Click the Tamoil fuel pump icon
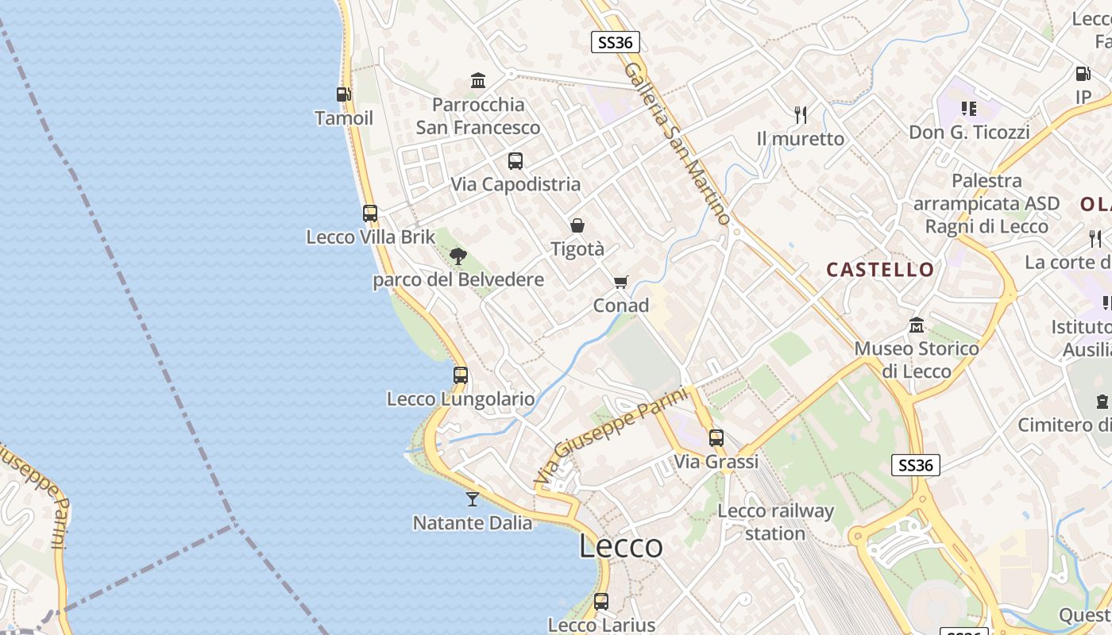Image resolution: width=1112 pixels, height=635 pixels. tap(344, 94)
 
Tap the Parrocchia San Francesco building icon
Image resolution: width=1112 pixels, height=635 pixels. tap(478, 80)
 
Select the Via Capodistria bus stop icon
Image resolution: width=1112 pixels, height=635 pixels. tap(515, 161)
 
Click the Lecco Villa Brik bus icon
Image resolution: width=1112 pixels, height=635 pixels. tap(370, 214)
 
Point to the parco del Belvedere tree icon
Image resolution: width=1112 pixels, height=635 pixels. tap(458, 256)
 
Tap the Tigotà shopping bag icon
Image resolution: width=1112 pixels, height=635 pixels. tap(577, 226)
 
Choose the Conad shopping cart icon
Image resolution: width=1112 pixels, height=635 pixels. tap(621, 283)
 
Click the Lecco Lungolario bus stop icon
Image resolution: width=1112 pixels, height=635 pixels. tap(461, 375)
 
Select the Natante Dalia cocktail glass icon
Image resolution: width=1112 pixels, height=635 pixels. tap(473, 499)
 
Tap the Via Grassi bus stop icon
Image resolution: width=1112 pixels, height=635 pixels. tap(716, 437)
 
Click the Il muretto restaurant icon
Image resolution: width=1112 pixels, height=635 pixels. tap(801, 115)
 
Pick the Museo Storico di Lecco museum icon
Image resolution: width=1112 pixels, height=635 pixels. tap(917, 325)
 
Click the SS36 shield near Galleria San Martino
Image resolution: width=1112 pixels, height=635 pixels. tap(616, 42)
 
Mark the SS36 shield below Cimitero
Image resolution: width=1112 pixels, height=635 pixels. tap(916, 465)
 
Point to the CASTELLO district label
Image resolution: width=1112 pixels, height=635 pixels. tap(880, 270)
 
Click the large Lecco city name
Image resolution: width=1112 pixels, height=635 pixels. tap(621, 546)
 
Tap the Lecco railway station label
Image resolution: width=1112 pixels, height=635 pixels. tap(775, 521)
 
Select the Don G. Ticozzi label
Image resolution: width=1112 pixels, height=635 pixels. tap(969, 132)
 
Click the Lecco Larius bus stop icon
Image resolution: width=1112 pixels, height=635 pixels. tap(601, 602)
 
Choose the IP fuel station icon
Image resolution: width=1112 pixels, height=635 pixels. tap(1083, 74)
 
